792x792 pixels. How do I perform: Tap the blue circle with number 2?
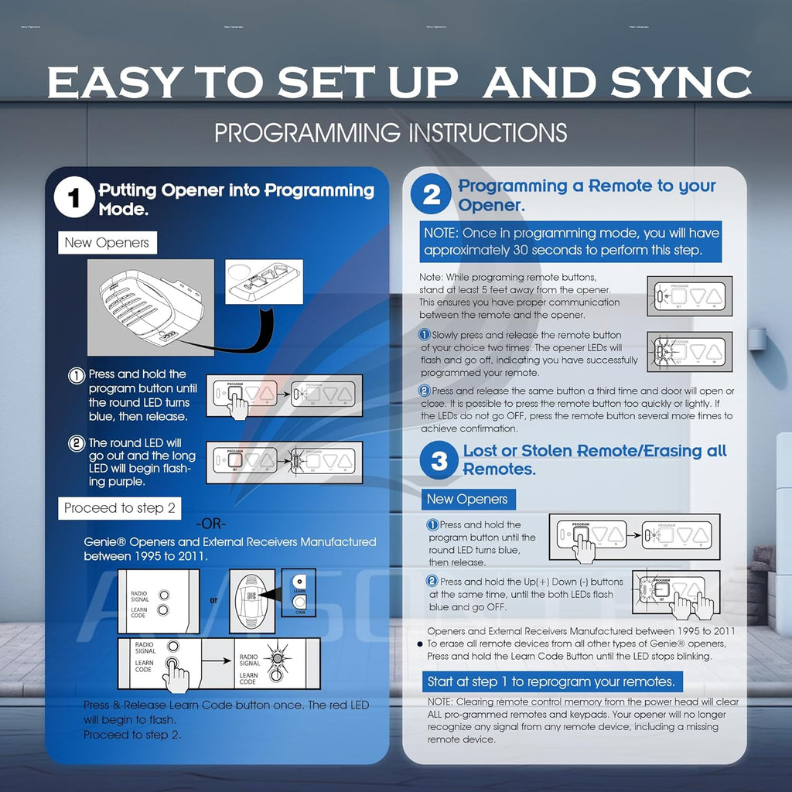tap(431, 196)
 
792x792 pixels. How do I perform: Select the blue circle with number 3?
tap(439, 461)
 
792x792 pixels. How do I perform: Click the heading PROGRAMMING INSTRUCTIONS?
tap(391, 132)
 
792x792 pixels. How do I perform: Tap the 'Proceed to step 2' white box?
tap(120, 508)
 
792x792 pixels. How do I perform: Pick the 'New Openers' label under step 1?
tap(107, 243)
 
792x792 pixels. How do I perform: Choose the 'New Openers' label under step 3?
tap(466, 499)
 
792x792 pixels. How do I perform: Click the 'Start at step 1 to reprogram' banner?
tap(551, 681)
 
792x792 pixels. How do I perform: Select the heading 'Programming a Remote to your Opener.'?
tap(586, 195)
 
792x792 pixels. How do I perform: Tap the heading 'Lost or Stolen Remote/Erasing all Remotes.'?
tap(594, 460)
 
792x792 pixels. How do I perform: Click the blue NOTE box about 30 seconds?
tap(572, 241)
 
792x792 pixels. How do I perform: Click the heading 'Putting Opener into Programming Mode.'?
tap(236, 199)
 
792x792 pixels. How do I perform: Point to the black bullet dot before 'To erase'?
tap(420, 643)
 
